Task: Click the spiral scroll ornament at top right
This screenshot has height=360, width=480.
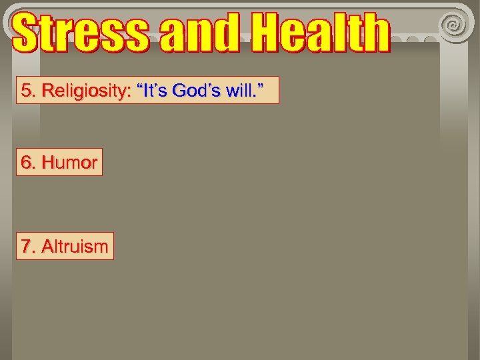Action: pos(455,25)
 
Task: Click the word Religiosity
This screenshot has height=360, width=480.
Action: pos(84,91)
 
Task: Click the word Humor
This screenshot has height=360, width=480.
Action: pos(69,162)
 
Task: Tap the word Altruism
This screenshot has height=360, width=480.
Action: pos(74,246)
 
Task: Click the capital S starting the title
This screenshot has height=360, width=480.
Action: pos(27,33)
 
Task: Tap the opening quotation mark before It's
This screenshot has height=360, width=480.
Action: pos(141,86)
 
